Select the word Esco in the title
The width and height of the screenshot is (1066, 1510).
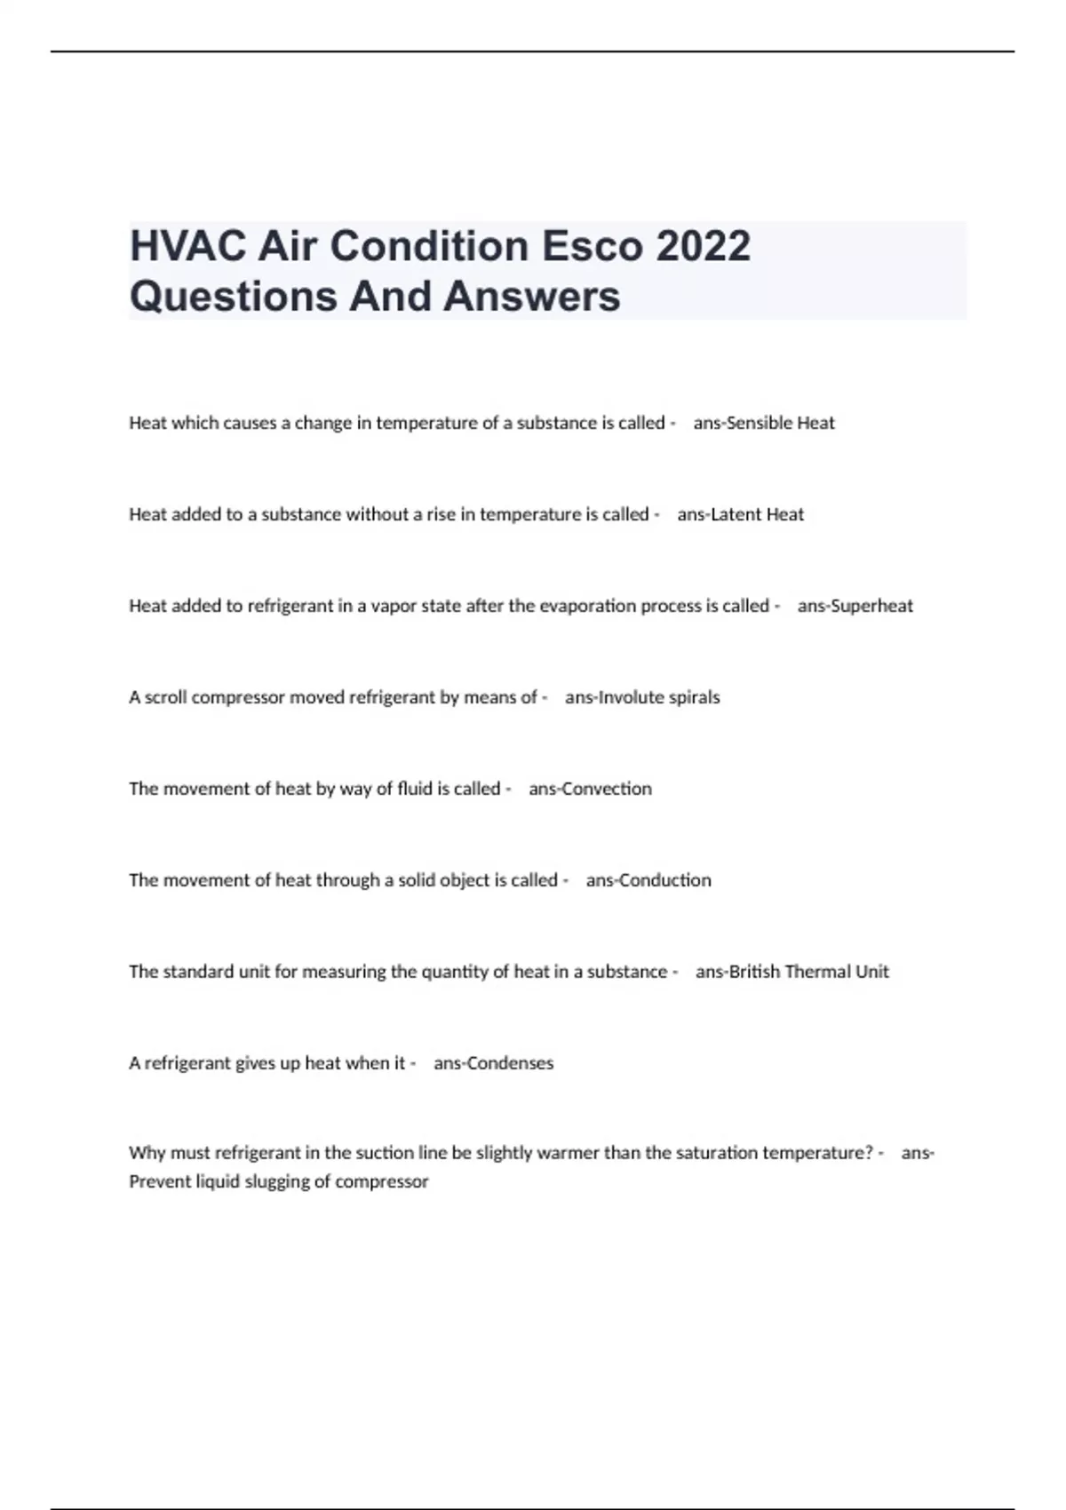coord(593,246)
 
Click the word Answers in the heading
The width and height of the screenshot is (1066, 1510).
coord(531,296)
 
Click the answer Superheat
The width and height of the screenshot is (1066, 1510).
coord(871,606)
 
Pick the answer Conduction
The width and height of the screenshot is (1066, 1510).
coord(664,880)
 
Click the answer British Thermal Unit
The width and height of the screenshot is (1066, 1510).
coord(808,972)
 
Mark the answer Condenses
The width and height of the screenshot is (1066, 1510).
coord(510,1063)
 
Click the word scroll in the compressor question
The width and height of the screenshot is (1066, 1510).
coord(166,697)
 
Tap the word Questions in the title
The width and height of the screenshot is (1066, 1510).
coord(234,296)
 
